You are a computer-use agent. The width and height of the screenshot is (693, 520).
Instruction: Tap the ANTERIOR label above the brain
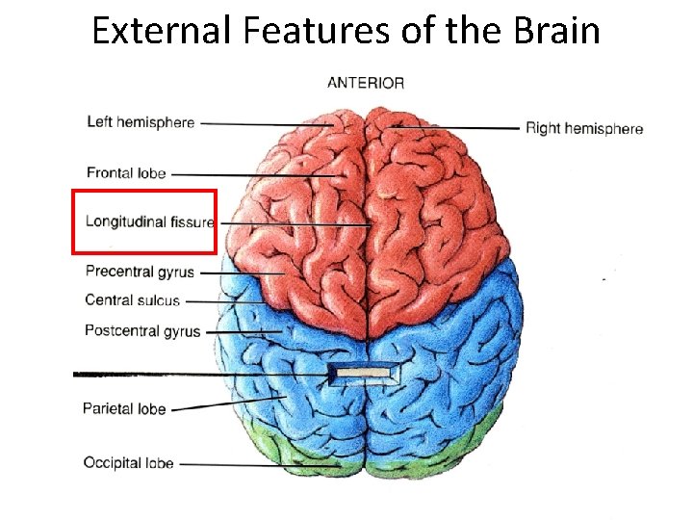366,83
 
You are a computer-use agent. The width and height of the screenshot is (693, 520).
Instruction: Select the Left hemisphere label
141,122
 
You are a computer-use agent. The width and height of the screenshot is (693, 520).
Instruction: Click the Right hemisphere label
584,128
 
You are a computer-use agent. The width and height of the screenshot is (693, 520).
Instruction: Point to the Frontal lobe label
126,173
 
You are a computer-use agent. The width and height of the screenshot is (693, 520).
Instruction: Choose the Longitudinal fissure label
149,221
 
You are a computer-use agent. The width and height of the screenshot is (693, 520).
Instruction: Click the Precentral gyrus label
140,273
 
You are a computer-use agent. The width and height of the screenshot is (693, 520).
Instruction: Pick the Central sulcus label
132,300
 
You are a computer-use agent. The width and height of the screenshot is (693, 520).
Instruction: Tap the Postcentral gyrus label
142,331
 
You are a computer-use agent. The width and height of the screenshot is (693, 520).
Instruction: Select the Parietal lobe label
124,409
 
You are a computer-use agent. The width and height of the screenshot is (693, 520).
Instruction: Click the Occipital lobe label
128,463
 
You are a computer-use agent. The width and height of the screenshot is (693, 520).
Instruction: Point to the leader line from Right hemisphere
457,127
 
